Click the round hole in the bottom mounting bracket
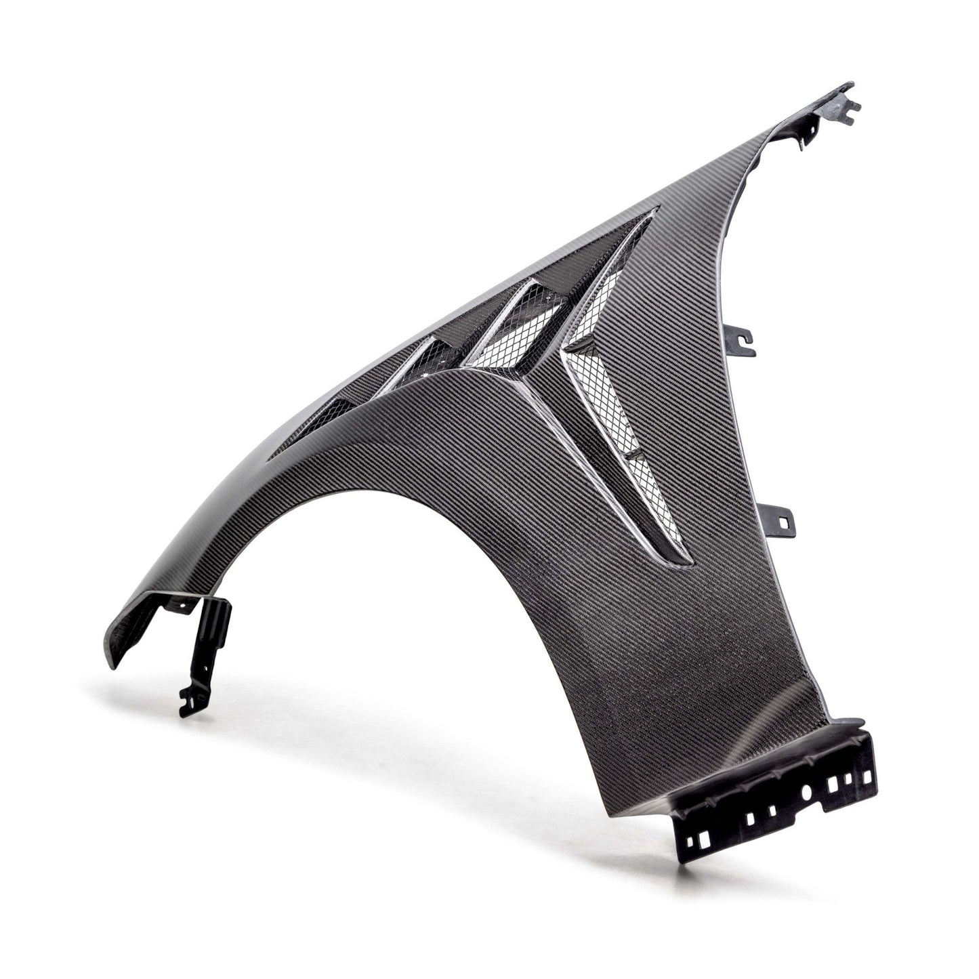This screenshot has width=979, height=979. (x=806, y=791)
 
